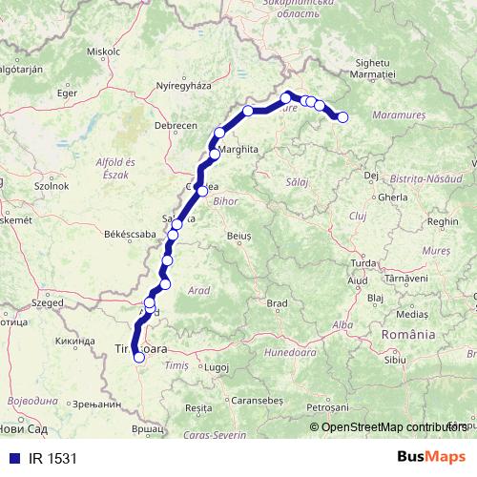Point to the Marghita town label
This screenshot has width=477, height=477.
coord(238,151)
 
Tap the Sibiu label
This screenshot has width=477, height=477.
coord(394,360)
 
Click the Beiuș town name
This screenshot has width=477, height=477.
coord(238,234)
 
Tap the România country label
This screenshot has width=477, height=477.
coord(408,335)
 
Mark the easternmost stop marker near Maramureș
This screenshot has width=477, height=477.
coord(342,117)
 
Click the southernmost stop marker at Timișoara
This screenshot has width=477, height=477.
coord(139,358)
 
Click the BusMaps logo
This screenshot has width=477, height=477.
coord(431,457)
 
